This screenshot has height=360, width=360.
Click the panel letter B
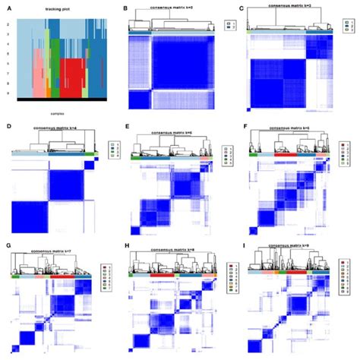click(125, 8)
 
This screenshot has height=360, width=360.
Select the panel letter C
click(242, 8)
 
